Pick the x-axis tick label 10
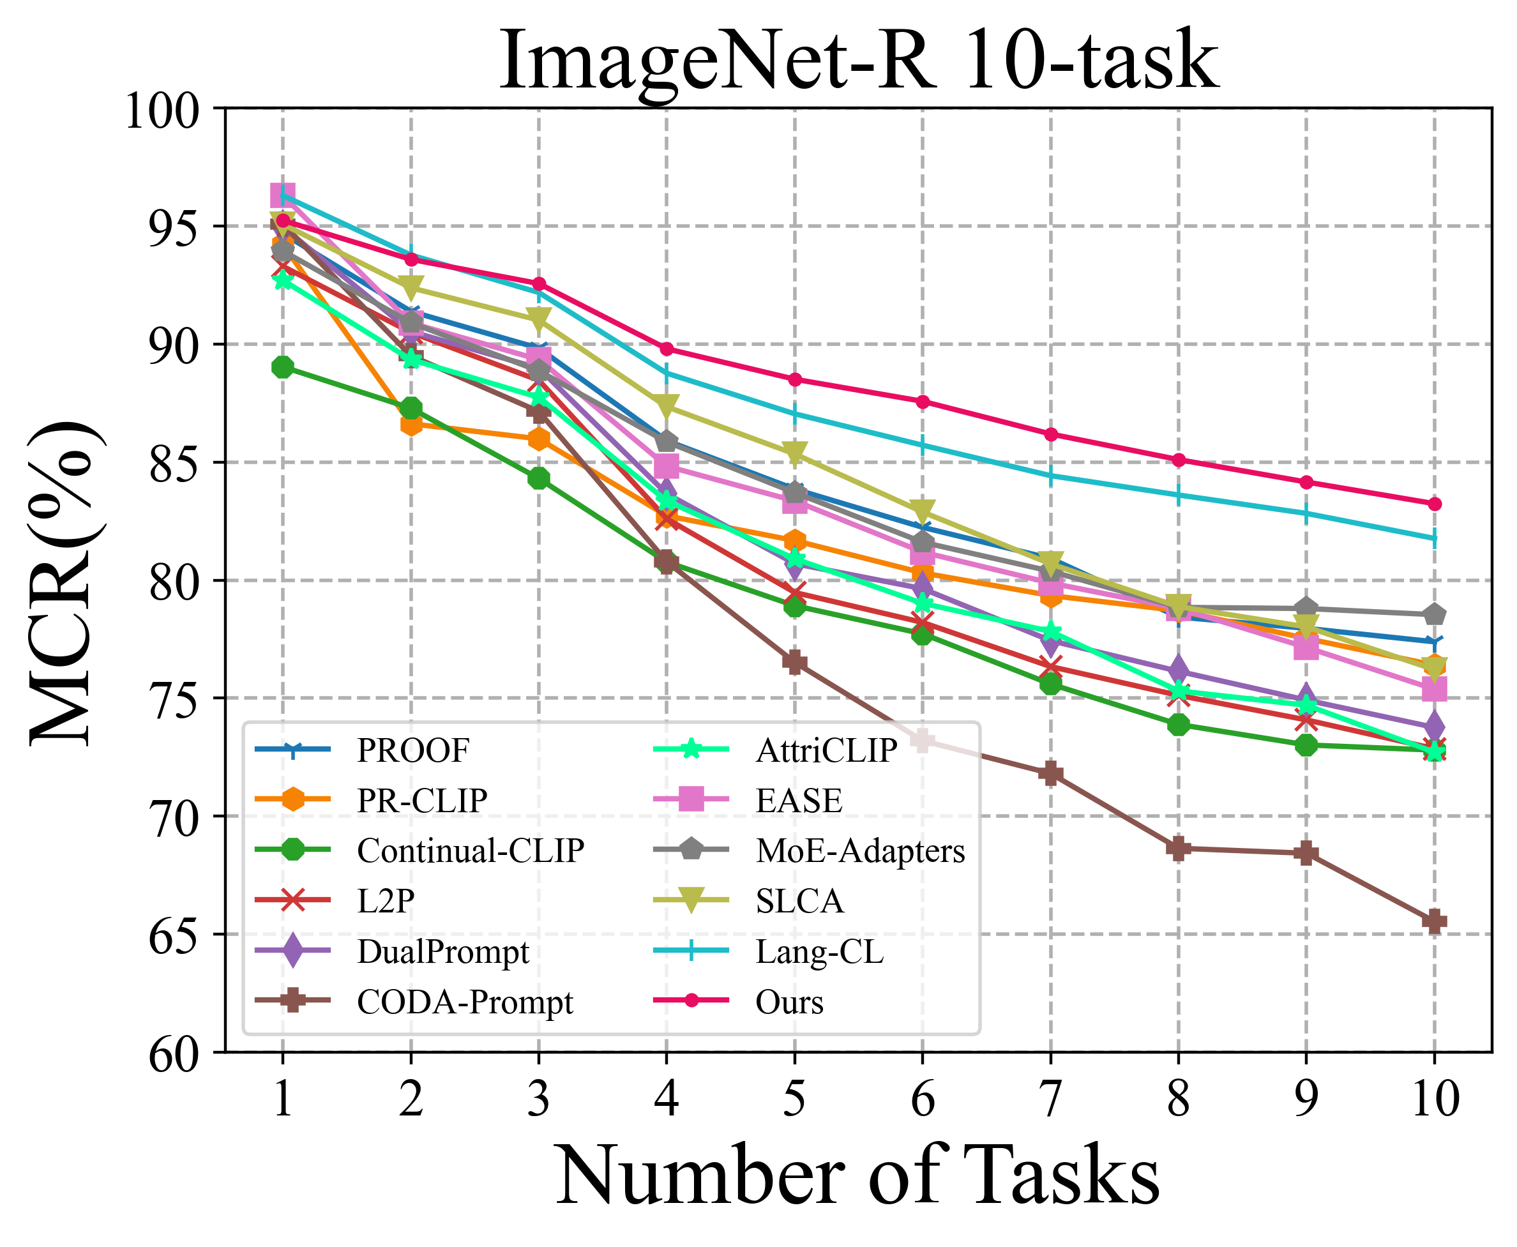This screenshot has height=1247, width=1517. click(1435, 1098)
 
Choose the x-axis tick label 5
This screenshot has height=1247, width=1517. click(794, 1098)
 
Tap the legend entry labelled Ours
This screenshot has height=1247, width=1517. click(789, 1001)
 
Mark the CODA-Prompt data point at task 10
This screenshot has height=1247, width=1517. click(1435, 921)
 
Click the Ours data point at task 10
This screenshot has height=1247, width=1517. click(1435, 504)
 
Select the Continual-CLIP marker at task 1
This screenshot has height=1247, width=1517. click(282, 367)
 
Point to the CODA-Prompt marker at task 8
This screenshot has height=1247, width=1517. click(1178, 848)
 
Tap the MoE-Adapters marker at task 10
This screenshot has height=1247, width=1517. click(1435, 614)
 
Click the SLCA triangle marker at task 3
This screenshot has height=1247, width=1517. click(538, 318)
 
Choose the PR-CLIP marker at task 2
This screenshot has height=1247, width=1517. click(411, 425)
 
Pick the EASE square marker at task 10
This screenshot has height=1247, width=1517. click(1435, 690)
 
